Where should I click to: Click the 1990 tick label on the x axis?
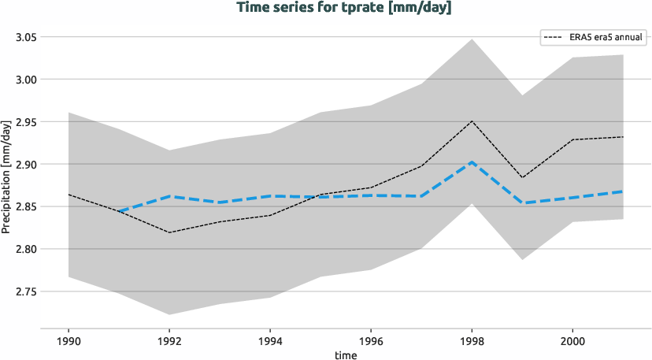[69, 343]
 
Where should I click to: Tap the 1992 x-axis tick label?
[170, 343]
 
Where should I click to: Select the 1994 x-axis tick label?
[271, 343]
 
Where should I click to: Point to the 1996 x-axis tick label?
[371, 343]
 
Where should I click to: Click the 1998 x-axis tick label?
[472, 343]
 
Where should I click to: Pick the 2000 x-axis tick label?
[572, 343]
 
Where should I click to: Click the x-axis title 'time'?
[346, 354]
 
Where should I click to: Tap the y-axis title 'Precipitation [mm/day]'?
[7, 176]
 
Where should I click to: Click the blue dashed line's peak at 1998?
[472, 162]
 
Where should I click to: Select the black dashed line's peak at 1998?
[472, 121]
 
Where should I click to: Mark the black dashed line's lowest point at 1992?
[170, 232]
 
